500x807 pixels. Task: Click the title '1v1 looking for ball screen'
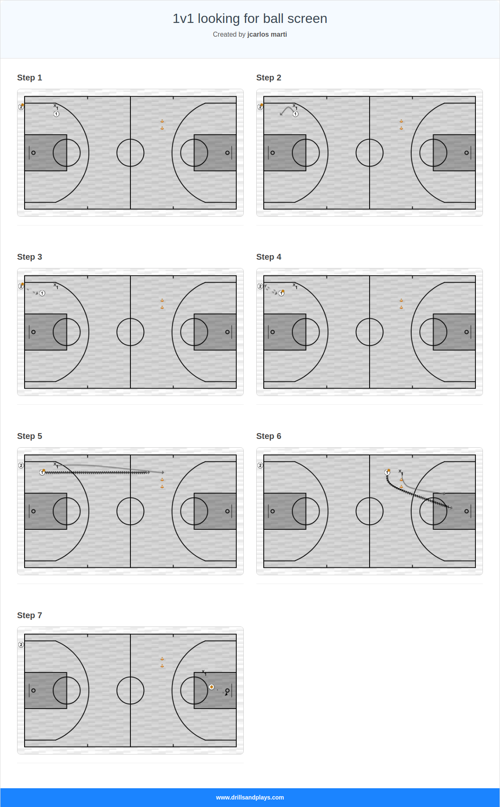[250, 19]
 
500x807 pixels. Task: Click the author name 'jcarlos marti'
[267, 35]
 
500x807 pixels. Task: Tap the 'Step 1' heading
[30, 78]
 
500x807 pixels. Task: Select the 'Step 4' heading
[269, 257]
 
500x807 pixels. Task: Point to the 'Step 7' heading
[30, 616]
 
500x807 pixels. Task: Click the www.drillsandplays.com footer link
[250, 797]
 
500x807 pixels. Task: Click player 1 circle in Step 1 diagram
[56, 114]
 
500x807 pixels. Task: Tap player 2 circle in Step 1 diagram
[21, 107]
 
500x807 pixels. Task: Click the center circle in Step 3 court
[130, 332]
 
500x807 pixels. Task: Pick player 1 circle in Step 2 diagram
[295, 114]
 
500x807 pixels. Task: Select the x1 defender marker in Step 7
[204, 672]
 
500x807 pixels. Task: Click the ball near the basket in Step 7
[212, 687]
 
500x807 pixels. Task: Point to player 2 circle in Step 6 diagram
[260, 466]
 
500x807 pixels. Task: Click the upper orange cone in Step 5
[162, 480]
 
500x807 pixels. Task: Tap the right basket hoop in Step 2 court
[467, 153]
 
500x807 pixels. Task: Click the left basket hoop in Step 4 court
[272, 332]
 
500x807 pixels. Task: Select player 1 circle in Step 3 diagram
[42, 293]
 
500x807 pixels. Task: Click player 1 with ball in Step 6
[387, 472]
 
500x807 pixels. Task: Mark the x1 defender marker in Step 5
[55, 464]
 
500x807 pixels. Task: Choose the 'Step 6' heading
[269, 436]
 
